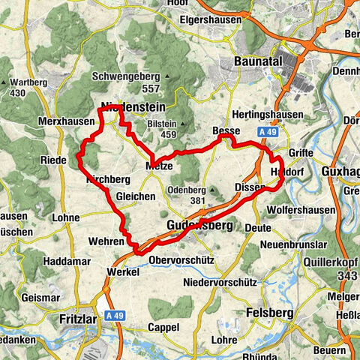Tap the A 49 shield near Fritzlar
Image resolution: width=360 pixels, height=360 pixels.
point(115,316)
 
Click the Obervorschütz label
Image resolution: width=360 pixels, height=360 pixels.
point(182,259)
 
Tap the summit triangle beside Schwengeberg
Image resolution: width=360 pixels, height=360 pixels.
point(164,76)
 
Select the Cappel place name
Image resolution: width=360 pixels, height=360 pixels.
point(163,328)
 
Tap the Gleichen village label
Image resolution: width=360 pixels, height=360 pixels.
point(136,196)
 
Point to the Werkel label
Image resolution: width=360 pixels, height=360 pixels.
point(124,271)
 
